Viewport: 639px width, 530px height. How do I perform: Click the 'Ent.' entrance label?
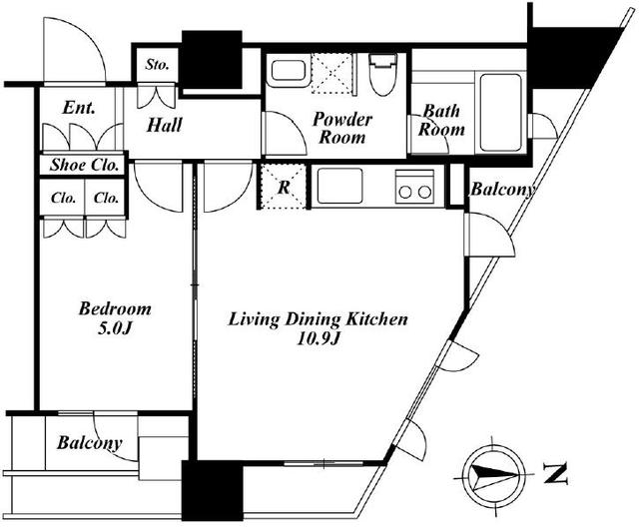(x=79, y=108)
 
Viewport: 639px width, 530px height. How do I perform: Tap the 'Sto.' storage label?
(x=157, y=64)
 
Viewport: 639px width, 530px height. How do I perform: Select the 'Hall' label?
(x=164, y=125)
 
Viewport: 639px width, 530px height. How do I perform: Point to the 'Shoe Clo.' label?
(x=84, y=165)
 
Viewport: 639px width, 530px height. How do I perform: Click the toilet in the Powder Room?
(x=382, y=74)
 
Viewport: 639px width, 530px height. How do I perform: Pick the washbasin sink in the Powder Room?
(x=289, y=70)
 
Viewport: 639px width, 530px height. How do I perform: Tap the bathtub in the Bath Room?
(x=501, y=112)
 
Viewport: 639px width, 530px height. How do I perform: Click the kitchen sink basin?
(x=339, y=186)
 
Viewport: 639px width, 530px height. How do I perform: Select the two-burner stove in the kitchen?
(x=414, y=187)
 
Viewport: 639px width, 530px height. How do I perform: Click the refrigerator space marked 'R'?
(x=284, y=187)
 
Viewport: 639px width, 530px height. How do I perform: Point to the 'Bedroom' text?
(x=115, y=308)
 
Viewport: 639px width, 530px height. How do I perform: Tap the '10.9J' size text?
(x=318, y=339)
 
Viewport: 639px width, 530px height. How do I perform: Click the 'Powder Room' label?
(x=341, y=128)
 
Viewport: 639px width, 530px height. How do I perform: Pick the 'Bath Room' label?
(x=441, y=120)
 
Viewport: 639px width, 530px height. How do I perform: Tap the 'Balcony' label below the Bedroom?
(x=90, y=443)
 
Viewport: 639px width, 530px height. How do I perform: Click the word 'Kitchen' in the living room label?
(x=376, y=319)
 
